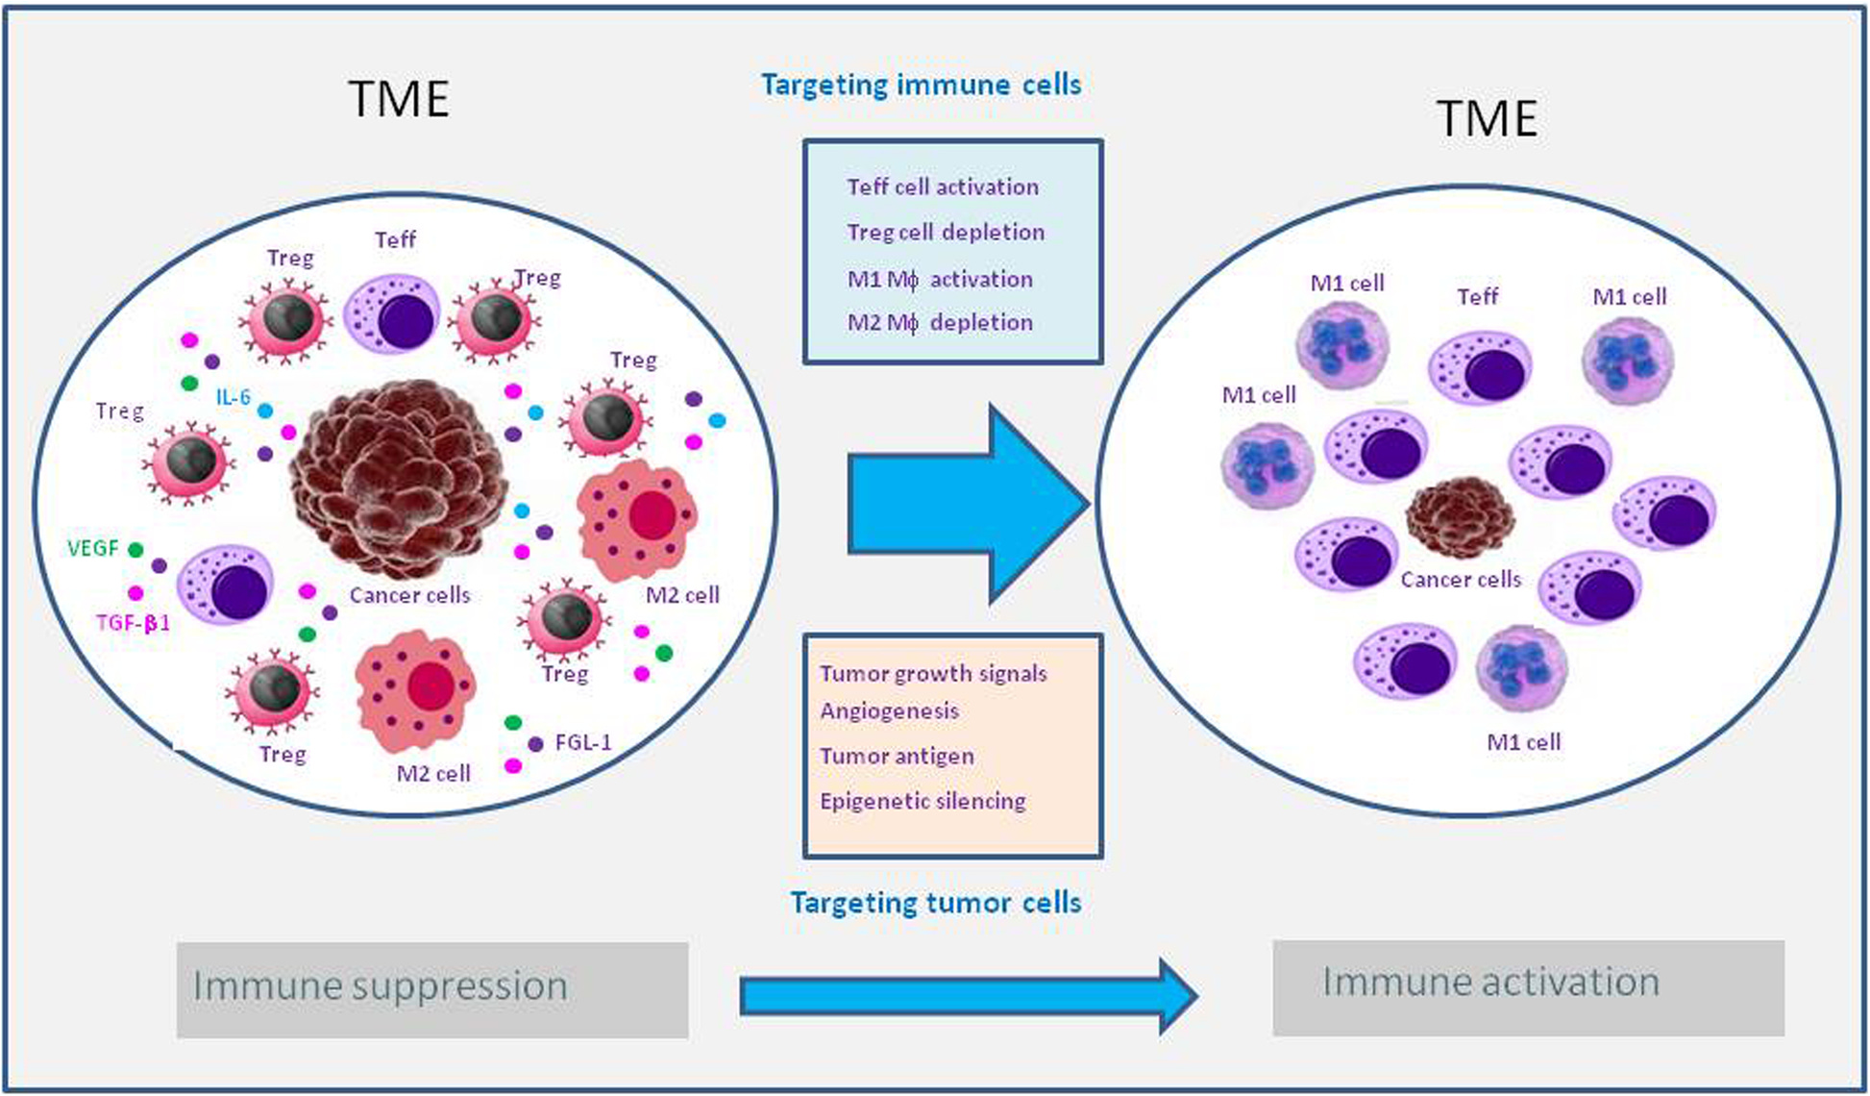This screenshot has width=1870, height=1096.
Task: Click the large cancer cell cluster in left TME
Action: click(399, 478)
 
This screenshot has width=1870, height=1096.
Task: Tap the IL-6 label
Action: click(233, 397)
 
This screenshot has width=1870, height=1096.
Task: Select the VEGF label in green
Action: click(93, 549)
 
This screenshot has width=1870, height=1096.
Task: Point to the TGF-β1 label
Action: click(133, 623)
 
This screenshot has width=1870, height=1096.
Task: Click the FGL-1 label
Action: click(583, 743)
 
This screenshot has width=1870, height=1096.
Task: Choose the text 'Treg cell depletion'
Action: click(946, 233)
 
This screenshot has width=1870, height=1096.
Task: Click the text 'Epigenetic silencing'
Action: click(923, 802)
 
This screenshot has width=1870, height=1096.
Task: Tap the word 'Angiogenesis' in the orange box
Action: click(889, 711)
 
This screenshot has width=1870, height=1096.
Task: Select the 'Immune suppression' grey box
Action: click(431, 989)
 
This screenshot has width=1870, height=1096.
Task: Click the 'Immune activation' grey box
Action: click(1528, 987)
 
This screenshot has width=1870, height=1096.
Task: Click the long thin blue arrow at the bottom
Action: click(966, 996)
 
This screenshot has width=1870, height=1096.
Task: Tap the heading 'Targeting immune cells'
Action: click(921, 85)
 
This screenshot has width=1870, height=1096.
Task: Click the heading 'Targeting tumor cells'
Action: click(935, 903)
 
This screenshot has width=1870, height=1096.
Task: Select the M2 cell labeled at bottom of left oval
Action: click(415, 691)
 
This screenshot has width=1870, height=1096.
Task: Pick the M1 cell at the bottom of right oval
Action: click(1521, 667)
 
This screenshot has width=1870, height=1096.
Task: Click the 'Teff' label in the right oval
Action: click(1477, 297)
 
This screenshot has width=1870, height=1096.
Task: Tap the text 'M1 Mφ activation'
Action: click(940, 280)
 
